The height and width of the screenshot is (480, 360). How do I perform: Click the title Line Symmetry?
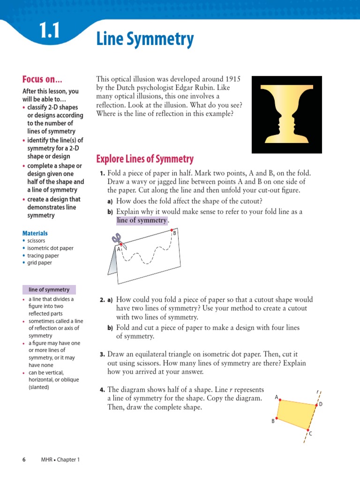coord(145,39)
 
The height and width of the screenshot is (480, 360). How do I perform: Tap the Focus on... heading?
coord(42,79)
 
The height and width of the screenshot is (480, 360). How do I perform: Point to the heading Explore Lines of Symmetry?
coord(145,159)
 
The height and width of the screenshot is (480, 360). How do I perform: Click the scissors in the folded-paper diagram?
coord(118,241)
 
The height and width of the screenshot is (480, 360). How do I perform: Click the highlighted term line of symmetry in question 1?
coord(142,220)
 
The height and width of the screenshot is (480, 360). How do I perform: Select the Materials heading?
coord(35,233)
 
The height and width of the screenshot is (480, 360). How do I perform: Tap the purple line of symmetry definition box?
coord(49,290)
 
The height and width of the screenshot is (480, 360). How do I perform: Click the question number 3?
coord(102,354)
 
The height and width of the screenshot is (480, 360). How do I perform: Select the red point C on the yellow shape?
coord(308,430)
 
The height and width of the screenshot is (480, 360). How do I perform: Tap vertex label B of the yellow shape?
coord(272,421)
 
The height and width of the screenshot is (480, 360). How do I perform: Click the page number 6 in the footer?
coord(24,459)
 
